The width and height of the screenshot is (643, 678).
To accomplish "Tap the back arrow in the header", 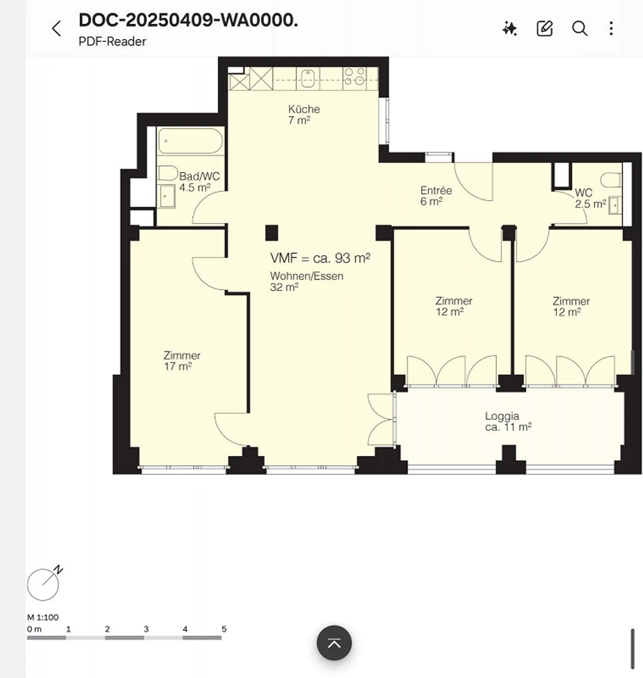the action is point(56,29).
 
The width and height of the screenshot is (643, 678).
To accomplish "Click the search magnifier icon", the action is point(580,29).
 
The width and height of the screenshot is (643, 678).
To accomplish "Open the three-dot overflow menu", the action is point(611,29).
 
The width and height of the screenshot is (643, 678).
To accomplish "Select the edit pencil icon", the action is point(544,29).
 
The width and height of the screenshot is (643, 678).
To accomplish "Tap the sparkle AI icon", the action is point(509,29).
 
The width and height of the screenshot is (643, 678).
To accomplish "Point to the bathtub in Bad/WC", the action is point(191,141).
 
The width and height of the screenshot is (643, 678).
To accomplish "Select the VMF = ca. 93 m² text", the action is point(320,258).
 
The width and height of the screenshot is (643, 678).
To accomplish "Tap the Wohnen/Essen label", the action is point(306,276).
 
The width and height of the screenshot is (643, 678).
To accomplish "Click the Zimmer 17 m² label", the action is point(181,361).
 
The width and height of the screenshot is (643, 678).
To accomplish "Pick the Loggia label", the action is point(502,416).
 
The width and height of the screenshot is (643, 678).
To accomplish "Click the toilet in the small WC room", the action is point(611,180).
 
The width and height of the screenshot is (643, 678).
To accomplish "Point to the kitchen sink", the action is point(308,79).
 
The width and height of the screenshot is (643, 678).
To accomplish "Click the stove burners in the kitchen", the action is point(355,77).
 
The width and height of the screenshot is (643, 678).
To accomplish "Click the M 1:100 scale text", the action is point(43,617).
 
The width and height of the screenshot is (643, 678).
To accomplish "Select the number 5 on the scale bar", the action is point(224,629).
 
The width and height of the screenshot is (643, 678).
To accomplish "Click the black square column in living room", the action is point(271,233).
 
